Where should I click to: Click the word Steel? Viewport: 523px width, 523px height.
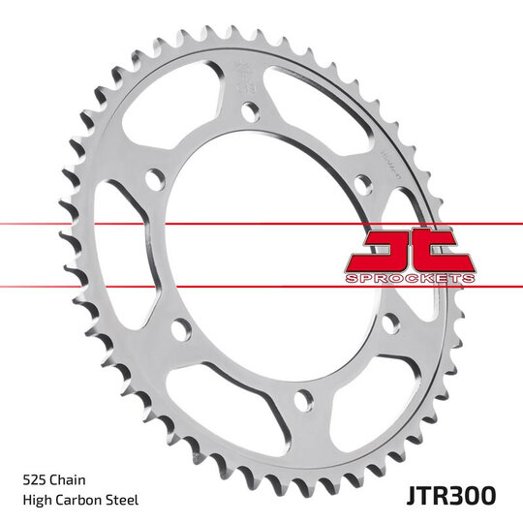[x=126, y=500]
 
